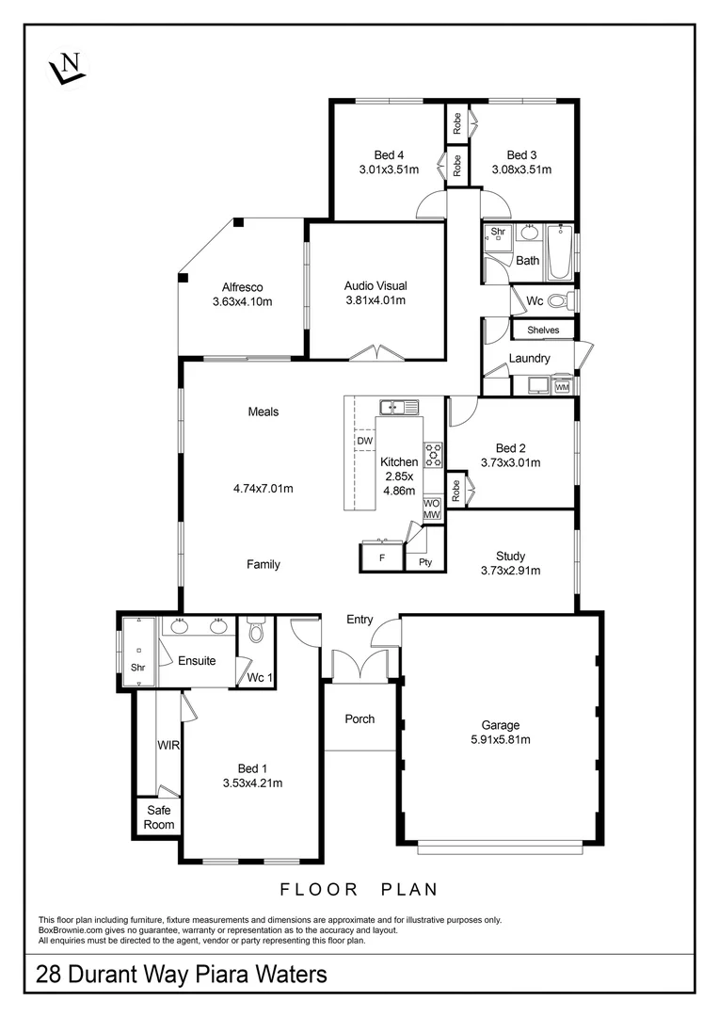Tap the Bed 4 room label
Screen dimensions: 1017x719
pos(389,155)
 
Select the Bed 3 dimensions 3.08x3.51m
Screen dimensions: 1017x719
pos(521,170)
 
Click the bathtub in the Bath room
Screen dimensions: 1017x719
pos(560,251)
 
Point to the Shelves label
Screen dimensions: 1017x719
pos(543,331)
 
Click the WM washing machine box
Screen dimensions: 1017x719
pos(562,386)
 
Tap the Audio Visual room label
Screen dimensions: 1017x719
pos(375,285)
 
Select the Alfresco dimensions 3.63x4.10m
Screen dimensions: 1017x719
pos(242,302)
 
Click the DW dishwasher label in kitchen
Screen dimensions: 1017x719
pos(363,440)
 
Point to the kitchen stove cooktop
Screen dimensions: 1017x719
pos(433,455)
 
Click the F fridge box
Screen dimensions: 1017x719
pos(381,557)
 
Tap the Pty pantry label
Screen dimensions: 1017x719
pos(424,562)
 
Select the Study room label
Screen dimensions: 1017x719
pos(511,556)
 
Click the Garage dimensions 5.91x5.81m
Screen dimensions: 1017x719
pos(501,740)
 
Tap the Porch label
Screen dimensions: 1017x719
pos(359,718)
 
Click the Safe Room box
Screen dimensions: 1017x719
pos(158,817)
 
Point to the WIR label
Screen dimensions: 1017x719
pos(168,744)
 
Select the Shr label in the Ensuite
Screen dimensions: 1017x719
pos(138,668)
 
